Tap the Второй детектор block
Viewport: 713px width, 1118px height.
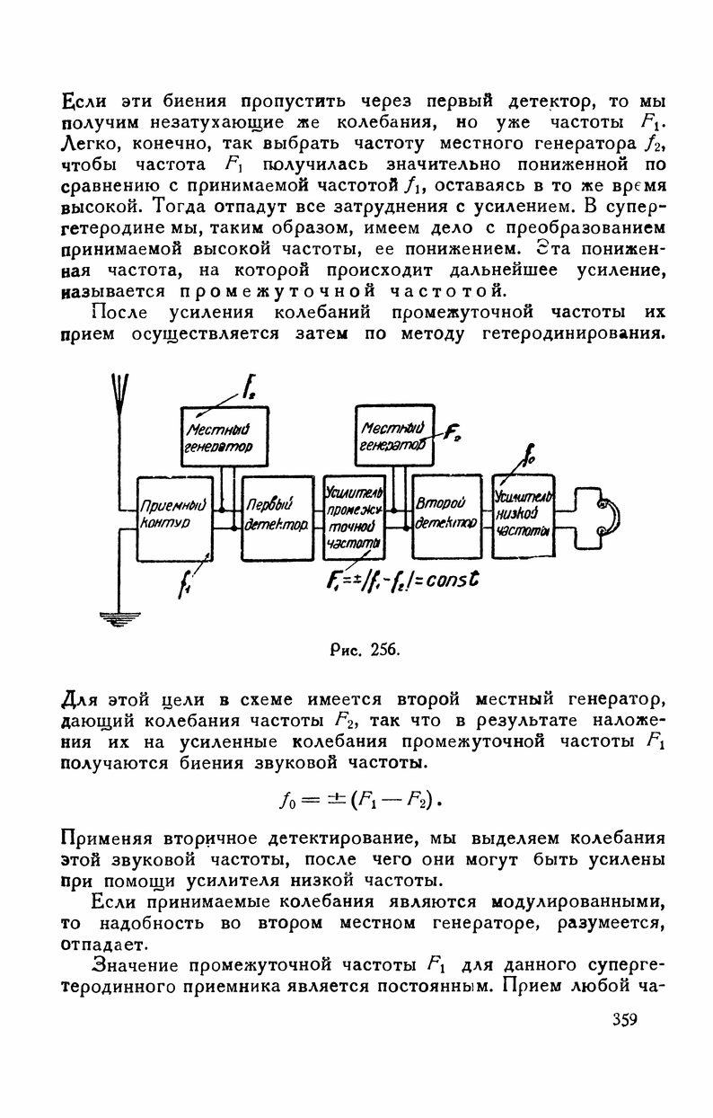click(x=445, y=514)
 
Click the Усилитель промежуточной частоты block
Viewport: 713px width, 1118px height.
click(x=354, y=514)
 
